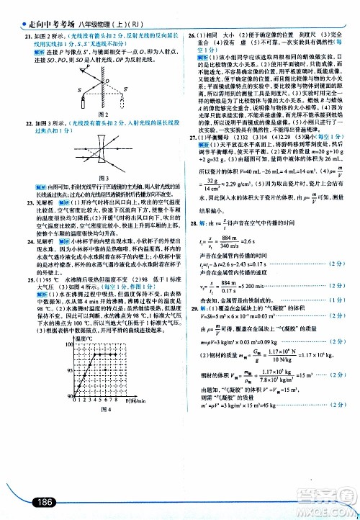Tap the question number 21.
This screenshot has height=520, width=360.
[x=27, y=36]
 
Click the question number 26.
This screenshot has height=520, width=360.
[x=193, y=36]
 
